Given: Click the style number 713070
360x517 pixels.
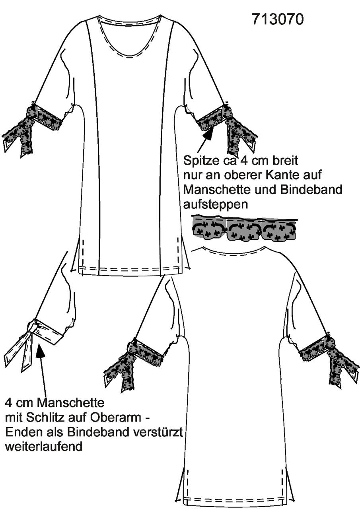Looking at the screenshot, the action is coord(278,19).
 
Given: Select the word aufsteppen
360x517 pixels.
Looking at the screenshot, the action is coord(215,205).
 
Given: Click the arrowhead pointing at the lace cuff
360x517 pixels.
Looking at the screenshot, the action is coord(208,134).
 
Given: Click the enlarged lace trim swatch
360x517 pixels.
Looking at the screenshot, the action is coord(244,228).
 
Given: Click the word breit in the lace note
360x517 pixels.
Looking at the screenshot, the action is coord(286,161).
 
